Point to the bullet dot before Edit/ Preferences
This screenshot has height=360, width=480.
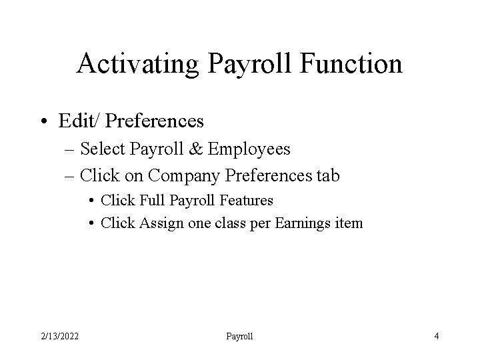pos(44,121)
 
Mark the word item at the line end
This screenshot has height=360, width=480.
pos(350,223)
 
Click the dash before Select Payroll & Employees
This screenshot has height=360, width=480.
pos(71,149)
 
